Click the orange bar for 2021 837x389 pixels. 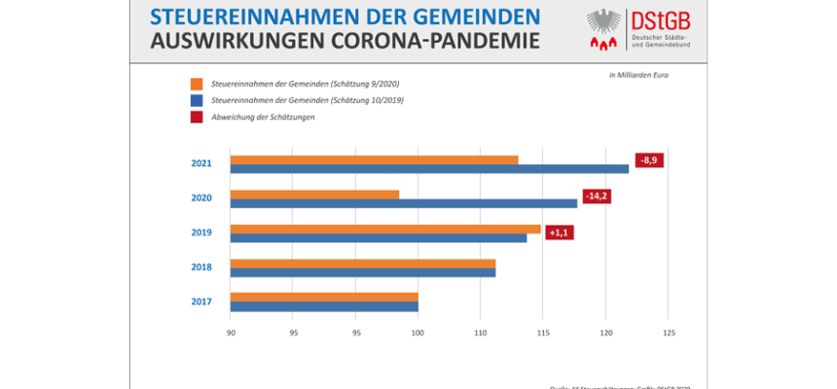click(x=375, y=159)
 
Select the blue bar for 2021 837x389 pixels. click(x=429, y=169)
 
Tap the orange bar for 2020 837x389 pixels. click(x=314, y=194)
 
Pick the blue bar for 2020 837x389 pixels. click(x=404, y=203)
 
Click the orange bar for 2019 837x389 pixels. click(x=385, y=229)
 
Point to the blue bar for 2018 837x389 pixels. click(x=363, y=272)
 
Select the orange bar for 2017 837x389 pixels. click(x=324, y=297)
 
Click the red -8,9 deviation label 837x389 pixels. click(x=649, y=160)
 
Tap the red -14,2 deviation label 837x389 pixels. click(x=596, y=194)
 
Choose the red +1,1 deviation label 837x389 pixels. click(x=560, y=233)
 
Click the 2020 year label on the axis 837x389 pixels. click(x=201, y=198)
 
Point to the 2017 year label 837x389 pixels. click(x=201, y=301)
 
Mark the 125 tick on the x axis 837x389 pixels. click(x=668, y=334)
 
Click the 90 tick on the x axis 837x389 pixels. click(x=231, y=334)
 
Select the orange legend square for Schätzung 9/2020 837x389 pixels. click(x=197, y=84)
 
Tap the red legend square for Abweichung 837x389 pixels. click(x=197, y=117)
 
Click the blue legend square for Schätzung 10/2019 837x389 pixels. click(x=197, y=100)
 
